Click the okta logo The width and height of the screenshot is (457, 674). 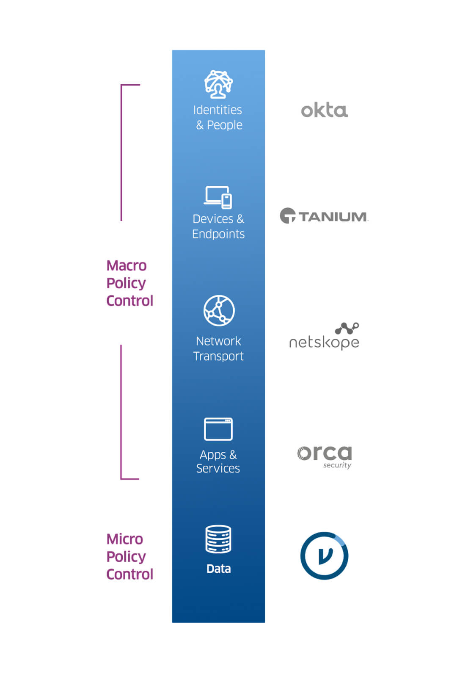point(324,110)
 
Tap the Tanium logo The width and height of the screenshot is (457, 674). point(324,216)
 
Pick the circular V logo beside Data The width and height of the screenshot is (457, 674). point(324,556)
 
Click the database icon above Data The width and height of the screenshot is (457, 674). point(218,539)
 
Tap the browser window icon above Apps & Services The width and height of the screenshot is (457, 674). point(218,429)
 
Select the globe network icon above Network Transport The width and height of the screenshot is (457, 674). point(219,310)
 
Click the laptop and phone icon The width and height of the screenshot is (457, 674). point(218,197)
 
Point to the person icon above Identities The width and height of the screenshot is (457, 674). point(218,83)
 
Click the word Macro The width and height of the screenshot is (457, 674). point(127,265)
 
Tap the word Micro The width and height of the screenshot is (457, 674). point(125,539)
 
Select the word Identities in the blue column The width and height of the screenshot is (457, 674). point(217,110)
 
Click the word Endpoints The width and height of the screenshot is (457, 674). point(218,234)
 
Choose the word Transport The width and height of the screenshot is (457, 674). point(218,356)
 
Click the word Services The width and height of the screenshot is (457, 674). point(218,469)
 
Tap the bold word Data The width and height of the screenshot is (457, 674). point(218,569)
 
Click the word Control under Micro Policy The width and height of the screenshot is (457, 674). point(129,574)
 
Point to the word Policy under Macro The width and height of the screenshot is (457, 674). point(126,283)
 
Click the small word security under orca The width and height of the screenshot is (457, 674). point(337,465)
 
